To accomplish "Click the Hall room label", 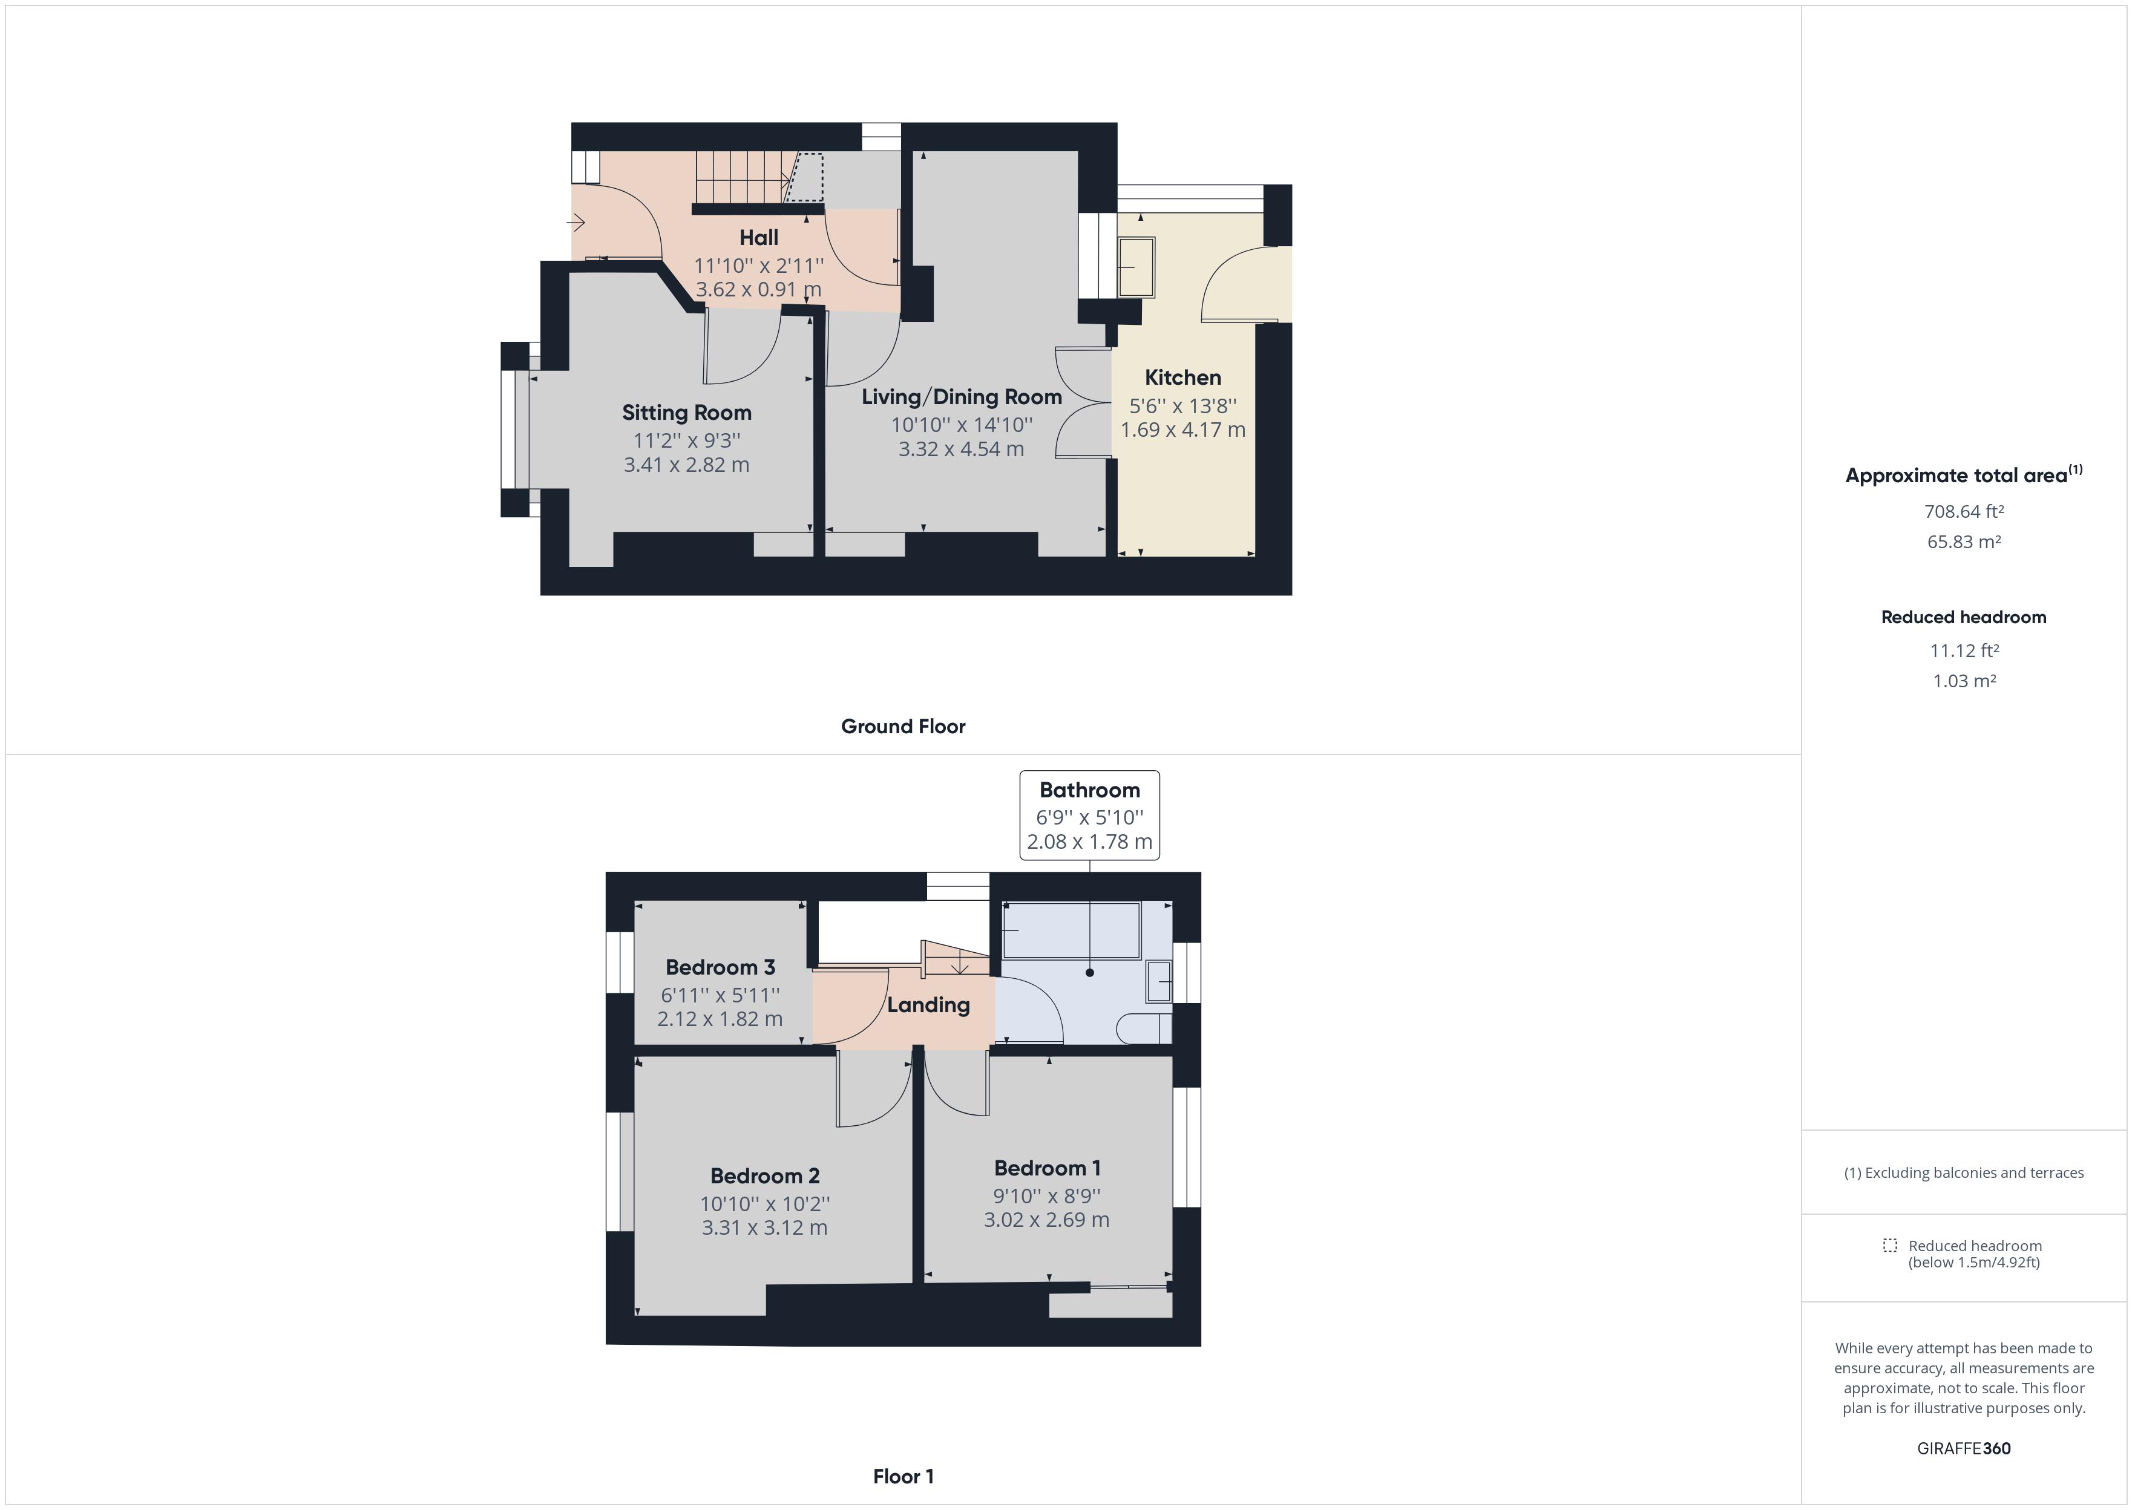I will click(759, 238).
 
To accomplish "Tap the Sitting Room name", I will click(686, 413).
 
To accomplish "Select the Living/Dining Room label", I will click(962, 397).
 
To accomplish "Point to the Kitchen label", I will click(1183, 377).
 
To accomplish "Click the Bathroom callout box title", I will click(1089, 790).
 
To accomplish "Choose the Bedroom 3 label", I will click(720, 968).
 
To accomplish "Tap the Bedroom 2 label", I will click(764, 1176).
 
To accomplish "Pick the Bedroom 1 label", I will click(1047, 1169).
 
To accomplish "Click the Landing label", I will click(928, 1005).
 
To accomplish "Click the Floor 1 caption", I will click(903, 1477).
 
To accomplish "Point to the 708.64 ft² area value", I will click(1963, 511).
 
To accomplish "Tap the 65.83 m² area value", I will click(1963, 542).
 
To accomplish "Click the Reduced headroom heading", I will click(1963, 618).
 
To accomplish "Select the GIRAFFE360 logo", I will click(1963, 1449).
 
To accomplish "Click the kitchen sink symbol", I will click(1135, 268).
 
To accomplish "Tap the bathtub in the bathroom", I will click(1071, 930).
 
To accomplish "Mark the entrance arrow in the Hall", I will click(577, 223).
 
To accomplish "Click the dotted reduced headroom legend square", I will click(1889, 1245).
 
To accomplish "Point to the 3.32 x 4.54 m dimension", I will click(962, 449).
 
